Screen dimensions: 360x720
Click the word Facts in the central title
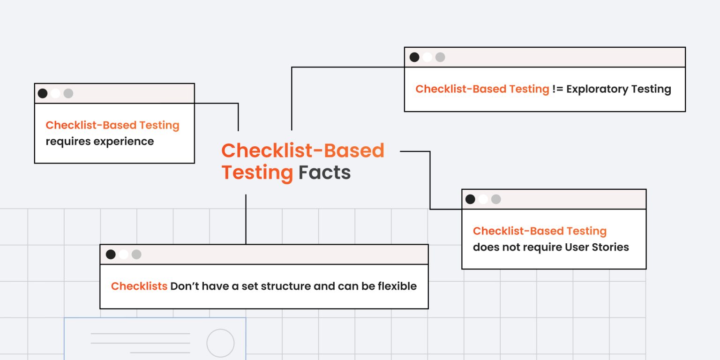coord(324,172)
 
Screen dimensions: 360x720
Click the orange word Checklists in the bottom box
coord(139,286)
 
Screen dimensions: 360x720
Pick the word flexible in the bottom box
coord(397,286)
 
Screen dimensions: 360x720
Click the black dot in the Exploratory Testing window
coord(414,57)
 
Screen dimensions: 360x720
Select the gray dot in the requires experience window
coord(68,93)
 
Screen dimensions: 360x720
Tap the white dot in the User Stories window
coord(483,199)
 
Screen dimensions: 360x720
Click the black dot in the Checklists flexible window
coord(111,255)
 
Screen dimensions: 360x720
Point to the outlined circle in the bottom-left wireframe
coord(220,343)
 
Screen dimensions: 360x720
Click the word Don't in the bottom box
coord(184,286)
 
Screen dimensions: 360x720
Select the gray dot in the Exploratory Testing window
coord(440,57)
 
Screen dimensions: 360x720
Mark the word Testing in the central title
coord(257,172)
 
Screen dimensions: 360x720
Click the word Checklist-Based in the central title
coord(303,150)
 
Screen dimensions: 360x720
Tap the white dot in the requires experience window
coord(55,93)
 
